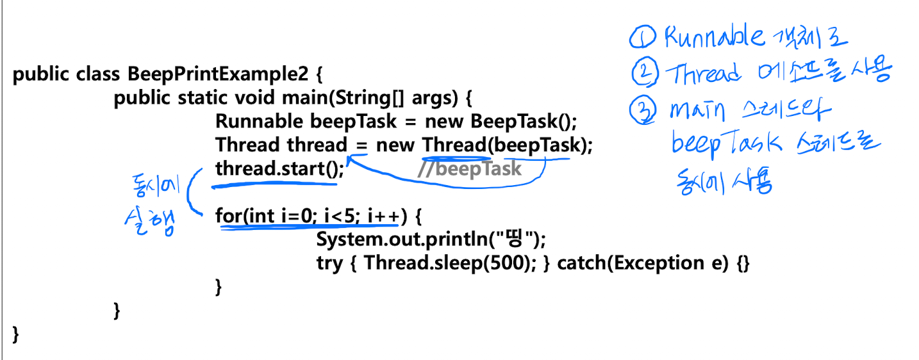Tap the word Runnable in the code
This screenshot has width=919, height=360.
[260, 121]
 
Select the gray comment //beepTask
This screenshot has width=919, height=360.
[469, 169]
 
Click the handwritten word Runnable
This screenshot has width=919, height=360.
[715, 37]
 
